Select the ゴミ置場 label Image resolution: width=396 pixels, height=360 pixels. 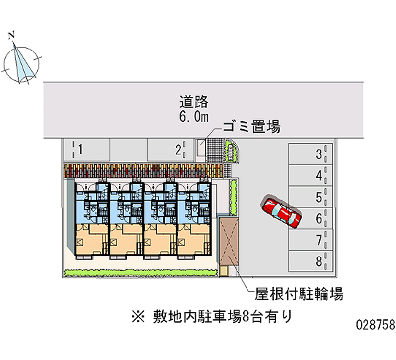coord(252,127)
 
